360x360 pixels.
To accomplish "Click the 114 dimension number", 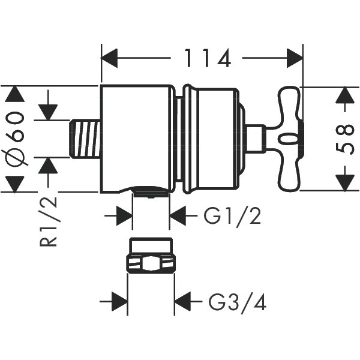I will (208, 58).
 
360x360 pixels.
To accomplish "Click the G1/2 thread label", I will (232, 215).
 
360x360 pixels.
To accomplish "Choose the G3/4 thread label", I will (237, 302).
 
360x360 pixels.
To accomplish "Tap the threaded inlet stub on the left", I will (83, 139).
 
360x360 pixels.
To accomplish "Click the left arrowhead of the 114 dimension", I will (109, 59).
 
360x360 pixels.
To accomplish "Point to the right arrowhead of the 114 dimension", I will (295, 59).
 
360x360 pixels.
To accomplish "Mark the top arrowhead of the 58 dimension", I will (343, 95).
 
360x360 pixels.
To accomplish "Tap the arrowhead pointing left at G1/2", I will (178, 215).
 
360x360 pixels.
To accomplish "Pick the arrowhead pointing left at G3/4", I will (182, 302).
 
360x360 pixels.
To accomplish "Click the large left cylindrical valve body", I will (136, 138).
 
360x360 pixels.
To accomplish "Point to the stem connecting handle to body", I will (256, 138).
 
